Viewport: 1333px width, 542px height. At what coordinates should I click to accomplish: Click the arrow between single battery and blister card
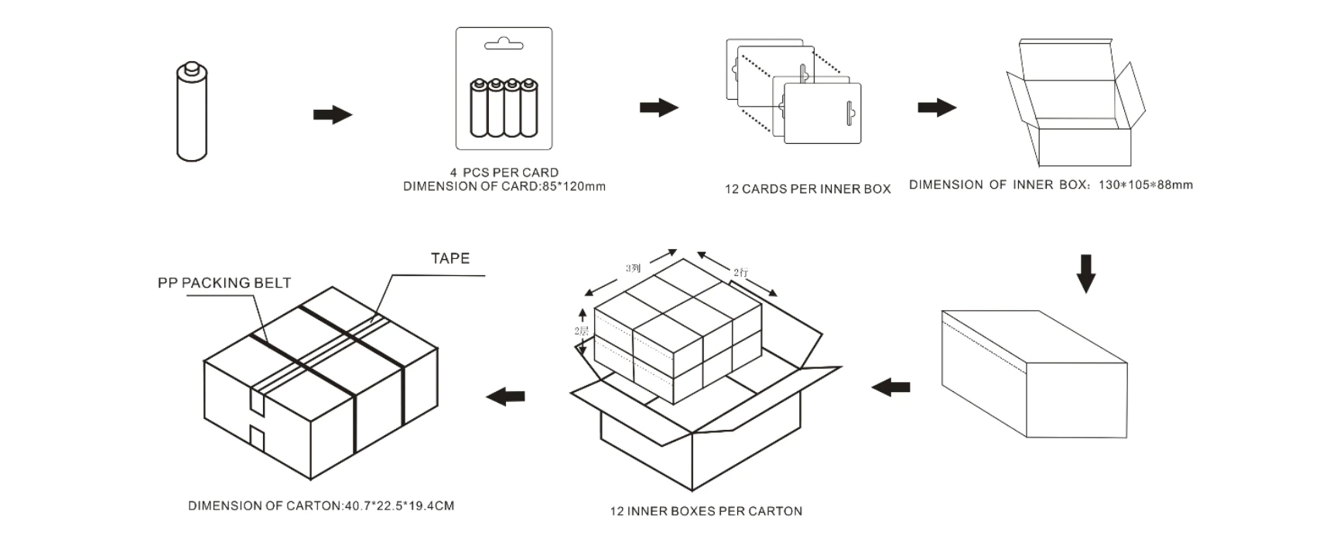(332, 115)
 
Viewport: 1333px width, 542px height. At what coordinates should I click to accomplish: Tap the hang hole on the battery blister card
(504, 45)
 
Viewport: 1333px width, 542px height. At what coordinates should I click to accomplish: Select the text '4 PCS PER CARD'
(504, 172)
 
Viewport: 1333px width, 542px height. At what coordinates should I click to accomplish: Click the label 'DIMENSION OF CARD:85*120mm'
(504, 186)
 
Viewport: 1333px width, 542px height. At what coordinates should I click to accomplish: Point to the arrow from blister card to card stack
(658, 107)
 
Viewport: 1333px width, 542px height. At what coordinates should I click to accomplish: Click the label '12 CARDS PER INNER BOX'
(807, 189)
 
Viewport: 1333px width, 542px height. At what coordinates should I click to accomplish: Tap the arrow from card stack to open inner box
(936, 107)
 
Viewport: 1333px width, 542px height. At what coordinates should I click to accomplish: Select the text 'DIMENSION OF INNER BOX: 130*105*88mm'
(1051, 185)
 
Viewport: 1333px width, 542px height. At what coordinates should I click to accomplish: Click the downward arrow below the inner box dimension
(1086, 273)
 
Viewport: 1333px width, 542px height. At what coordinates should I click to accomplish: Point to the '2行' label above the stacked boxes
(740, 272)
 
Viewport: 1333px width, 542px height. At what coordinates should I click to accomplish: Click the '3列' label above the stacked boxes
(633, 268)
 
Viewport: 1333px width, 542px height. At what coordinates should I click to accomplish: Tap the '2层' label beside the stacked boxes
(581, 331)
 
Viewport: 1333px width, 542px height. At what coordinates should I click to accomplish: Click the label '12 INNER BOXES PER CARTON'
(706, 511)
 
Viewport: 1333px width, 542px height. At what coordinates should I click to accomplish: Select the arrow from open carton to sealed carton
(505, 397)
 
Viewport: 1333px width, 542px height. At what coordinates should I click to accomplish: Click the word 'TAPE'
(450, 258)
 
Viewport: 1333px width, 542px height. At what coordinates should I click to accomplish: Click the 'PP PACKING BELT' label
(224, 283)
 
